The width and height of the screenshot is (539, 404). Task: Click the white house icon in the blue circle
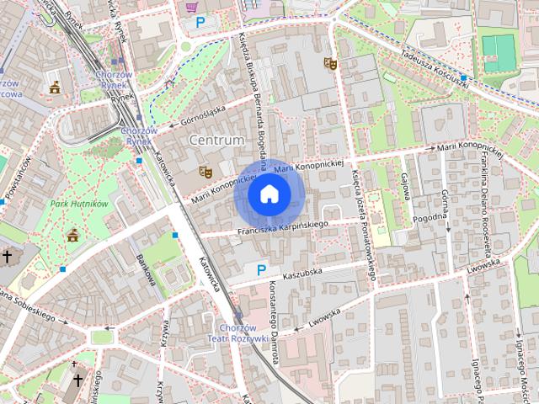pyautogui.click(x=269, y=194)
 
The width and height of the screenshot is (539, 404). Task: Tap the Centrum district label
pyautogui.click(x=217, y=140)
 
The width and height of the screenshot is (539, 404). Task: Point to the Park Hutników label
pyautogui.click(x=79, y=204)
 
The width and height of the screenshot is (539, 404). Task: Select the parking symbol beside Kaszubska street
pyautogui.click(x=261, y=269)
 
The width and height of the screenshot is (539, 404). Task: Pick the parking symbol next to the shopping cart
pyautogui.click(x=200, y=23)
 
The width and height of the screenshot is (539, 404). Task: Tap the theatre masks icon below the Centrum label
pyautogui.click(x=204, y=172)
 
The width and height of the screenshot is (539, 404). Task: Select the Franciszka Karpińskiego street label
pyautogui.click(x=281, y=227)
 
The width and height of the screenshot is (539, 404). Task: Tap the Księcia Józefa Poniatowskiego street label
pyautogui.click(x=365, y=223)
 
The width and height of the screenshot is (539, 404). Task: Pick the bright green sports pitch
pyautogui.click(x=499, y=52)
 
